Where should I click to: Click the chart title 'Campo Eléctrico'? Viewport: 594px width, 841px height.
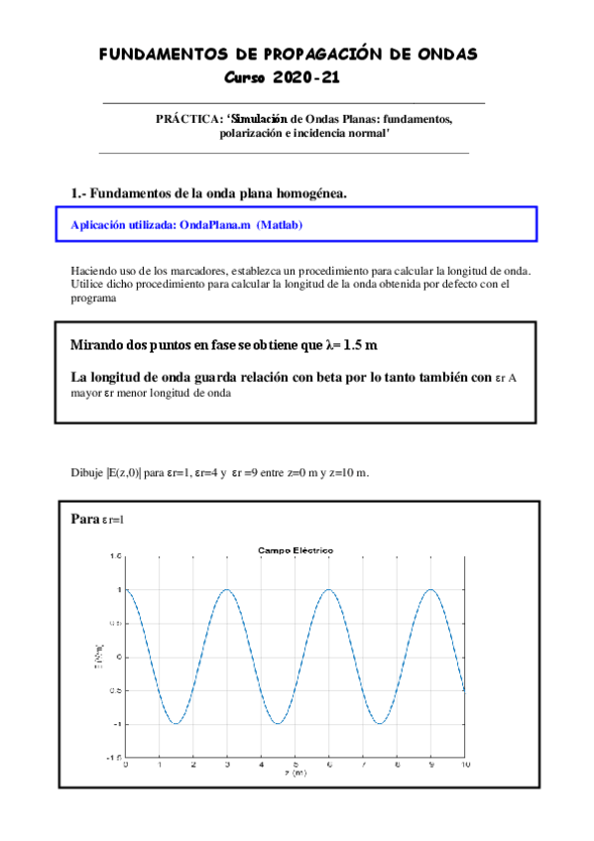click(296, 550)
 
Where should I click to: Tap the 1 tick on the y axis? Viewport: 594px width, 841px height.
click(118, 590)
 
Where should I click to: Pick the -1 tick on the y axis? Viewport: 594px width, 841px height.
click(116, 723)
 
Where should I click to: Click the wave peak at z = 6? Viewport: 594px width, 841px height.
click(329, 590)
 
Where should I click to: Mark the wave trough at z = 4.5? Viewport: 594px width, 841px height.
click(278, 723)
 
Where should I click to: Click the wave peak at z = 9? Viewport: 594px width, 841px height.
click(430, 590)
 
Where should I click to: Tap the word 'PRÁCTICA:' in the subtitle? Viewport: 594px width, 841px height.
click(188, 119)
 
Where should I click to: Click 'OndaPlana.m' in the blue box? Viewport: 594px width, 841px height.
click(215, 225)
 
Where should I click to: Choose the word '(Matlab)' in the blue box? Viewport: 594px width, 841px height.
click(280, 225)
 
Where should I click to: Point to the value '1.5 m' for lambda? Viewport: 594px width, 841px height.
click(358, 345)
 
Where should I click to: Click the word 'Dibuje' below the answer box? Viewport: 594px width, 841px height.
click(86, 472)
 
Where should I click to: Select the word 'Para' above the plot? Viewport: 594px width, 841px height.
click(85, 519)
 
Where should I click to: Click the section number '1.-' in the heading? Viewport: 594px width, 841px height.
click(79, 192)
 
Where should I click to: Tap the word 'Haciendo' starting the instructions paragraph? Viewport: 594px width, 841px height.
click(92, 271)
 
